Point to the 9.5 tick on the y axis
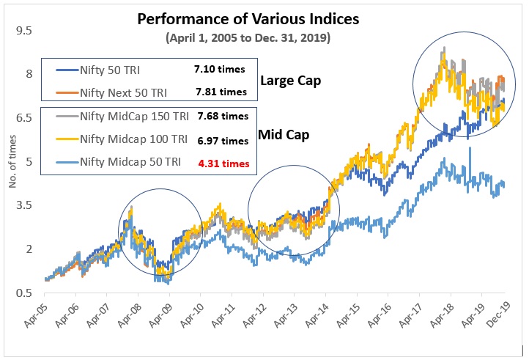coord(24,31)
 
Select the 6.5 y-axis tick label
coord(24,118)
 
